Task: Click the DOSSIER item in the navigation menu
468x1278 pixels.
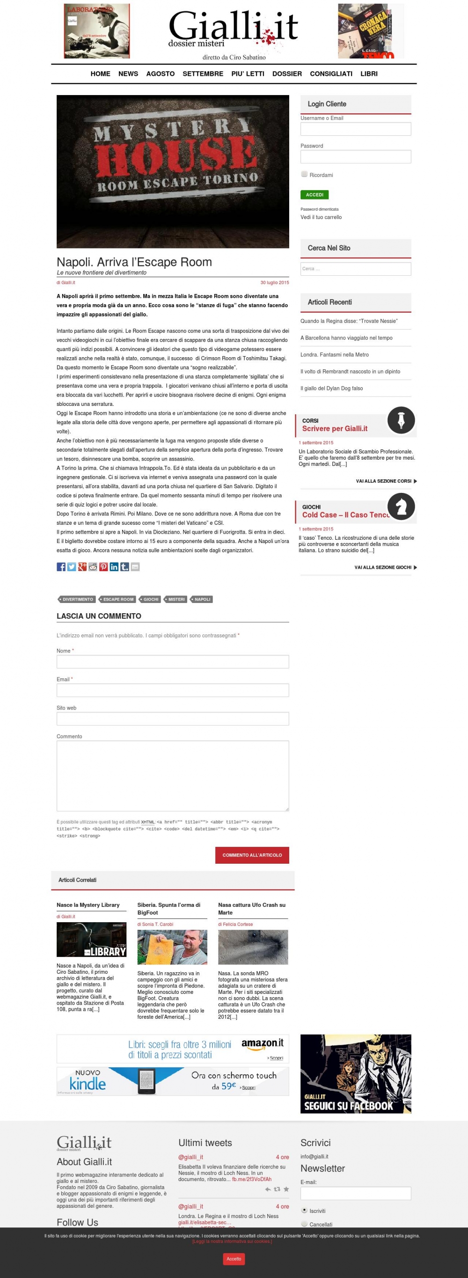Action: pos(286,73)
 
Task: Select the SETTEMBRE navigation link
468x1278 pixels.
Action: pos(203,73)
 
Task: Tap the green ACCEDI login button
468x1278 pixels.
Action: pos(314,194)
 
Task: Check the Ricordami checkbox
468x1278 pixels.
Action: pos(304,174)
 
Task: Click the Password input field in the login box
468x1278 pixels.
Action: pos(356,157)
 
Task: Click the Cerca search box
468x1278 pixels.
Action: pos(356,269)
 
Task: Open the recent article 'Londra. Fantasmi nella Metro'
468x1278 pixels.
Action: pos(334,355)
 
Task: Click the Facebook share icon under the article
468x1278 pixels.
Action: pos(61,566)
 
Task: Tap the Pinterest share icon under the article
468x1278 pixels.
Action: pos(103,566)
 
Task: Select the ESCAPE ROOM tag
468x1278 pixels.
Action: pos(118,599)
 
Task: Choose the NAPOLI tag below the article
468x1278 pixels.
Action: pos(202,599)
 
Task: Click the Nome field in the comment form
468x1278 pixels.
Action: pos(173,661)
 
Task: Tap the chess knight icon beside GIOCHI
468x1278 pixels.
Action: pos(401,506)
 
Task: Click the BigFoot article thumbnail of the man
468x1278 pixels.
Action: pos(172,947)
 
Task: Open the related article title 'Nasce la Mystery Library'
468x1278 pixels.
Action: pos(88,905)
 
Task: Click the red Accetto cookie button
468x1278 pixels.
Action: pos(234,1259)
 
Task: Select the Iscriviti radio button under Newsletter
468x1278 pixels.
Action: pos(304,1210)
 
